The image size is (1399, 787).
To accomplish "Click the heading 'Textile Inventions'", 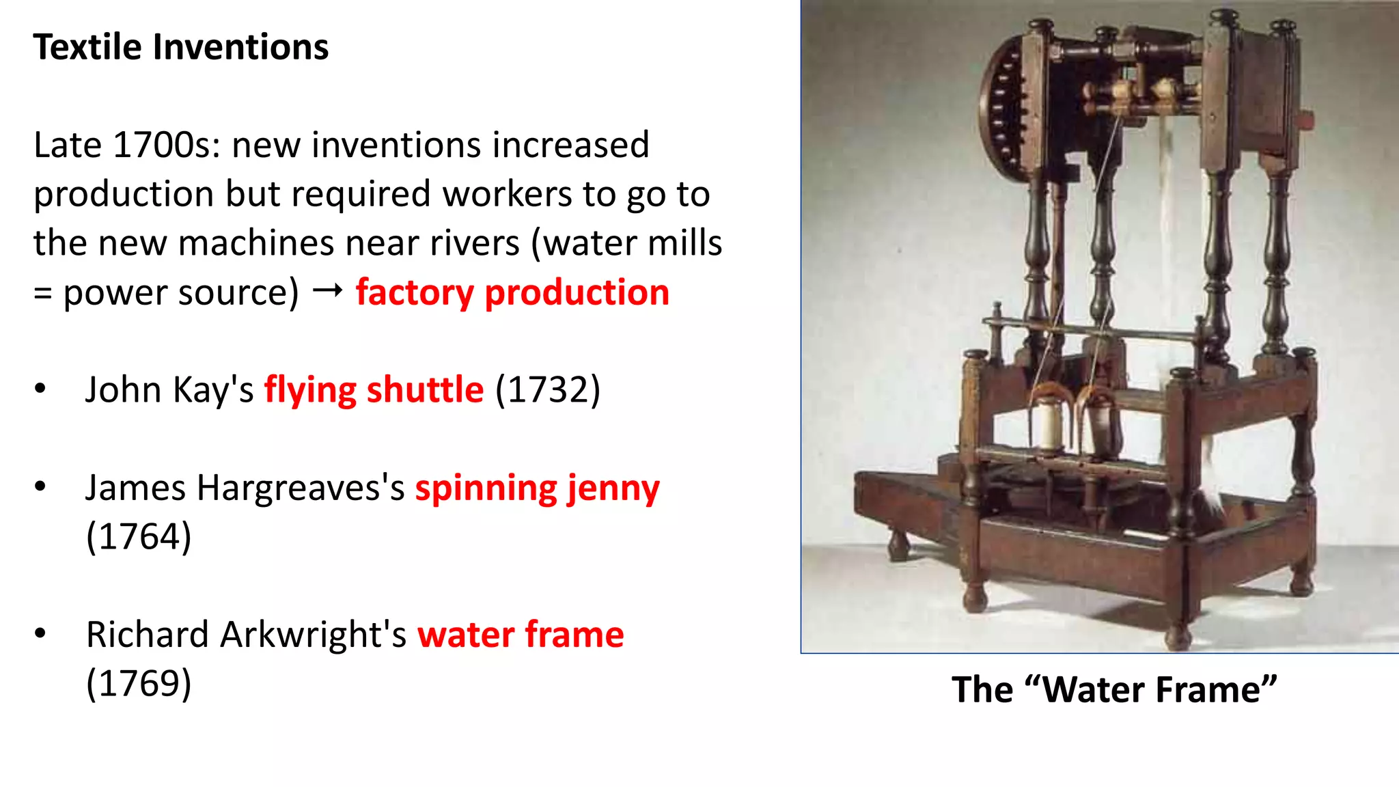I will [181, 47].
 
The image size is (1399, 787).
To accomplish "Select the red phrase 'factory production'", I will [512, 292].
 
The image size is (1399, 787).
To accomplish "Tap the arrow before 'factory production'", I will [327, 292].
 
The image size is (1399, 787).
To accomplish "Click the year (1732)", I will [547, 390].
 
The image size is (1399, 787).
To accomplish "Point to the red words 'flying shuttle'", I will [374, 390].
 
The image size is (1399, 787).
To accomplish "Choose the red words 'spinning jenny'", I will [537, 488].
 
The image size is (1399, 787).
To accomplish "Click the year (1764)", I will [139, 536].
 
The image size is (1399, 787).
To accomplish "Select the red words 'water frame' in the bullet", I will [521, 635].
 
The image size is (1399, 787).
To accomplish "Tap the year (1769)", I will [139, 683].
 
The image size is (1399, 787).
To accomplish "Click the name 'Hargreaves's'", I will [301, 488].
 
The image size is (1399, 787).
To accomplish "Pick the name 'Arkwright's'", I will [314, 635].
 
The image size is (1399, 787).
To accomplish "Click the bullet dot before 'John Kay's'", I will [40, 389].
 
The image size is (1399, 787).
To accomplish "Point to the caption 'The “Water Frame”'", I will [1114, 689].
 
